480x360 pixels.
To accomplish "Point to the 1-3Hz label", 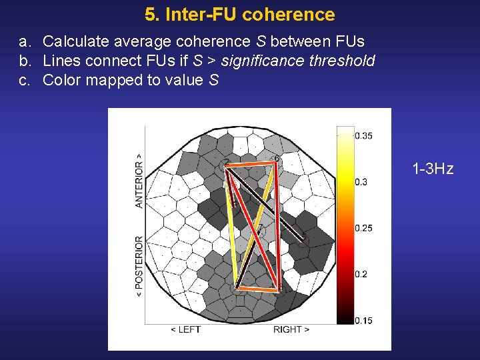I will [433, 169].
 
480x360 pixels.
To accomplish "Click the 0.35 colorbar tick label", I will [363, 136].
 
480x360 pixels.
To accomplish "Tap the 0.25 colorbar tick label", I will [363, 228].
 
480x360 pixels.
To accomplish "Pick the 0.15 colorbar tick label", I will [363, 321].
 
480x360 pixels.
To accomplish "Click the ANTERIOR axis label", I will [139, 181].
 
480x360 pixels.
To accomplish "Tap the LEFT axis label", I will [186, 329].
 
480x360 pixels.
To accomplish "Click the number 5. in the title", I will [151, 14].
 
